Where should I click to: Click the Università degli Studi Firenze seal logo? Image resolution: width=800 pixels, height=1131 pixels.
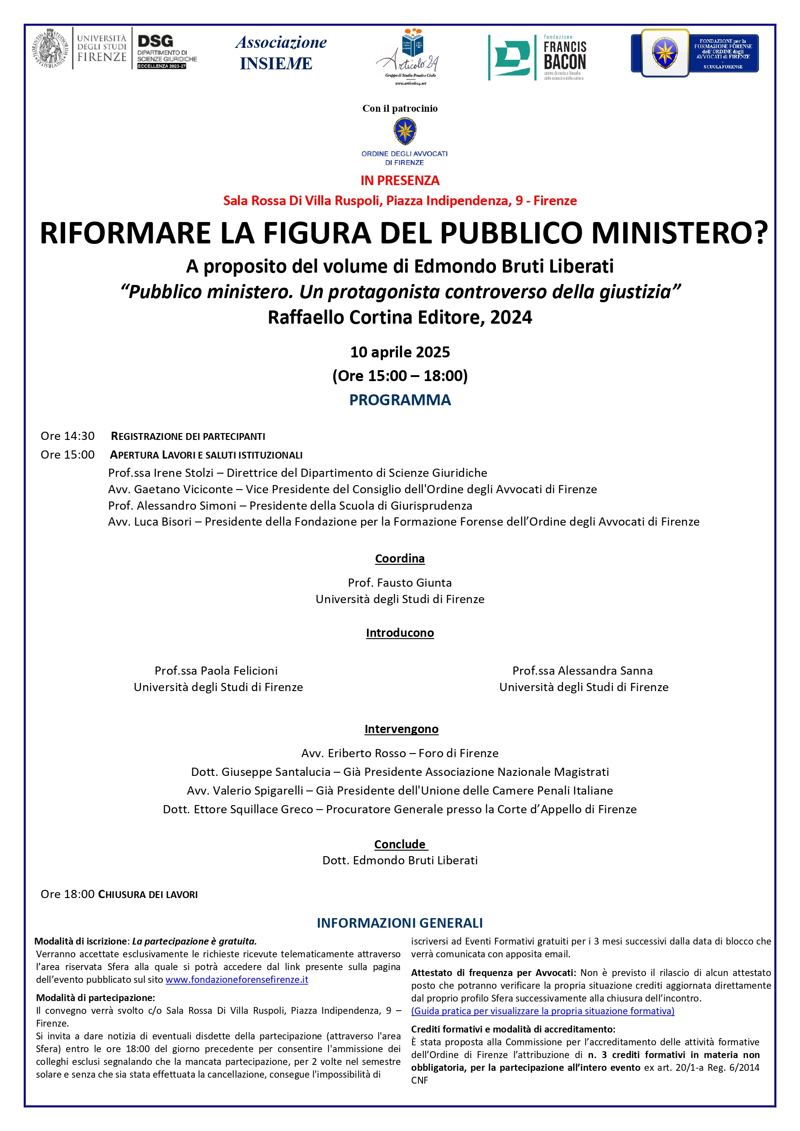point(51,48)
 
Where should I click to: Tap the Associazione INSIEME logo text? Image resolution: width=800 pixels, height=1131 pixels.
point(280,53)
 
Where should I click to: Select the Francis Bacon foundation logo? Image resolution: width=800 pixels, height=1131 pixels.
point(537,57)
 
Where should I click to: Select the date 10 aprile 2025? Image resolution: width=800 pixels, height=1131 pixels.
point(399,352)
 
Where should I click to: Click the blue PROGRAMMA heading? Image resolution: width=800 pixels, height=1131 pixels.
point(399,399)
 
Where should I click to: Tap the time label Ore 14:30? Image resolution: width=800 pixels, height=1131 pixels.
point(67,436)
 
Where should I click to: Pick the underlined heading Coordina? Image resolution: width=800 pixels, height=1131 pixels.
point(399,558)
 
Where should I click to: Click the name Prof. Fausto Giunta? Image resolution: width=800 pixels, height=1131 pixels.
point(399,582)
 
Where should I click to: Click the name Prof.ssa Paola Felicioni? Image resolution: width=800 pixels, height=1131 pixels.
point(216,671)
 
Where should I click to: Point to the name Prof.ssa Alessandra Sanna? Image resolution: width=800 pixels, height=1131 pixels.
point(582,671)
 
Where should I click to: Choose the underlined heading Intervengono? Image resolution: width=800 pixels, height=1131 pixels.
point(401,728)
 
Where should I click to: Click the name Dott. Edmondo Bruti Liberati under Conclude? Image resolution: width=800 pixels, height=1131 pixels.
point(399,860)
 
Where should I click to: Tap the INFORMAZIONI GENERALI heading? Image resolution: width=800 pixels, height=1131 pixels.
point(399,923)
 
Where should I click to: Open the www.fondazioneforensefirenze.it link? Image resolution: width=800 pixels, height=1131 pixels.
point(237,979)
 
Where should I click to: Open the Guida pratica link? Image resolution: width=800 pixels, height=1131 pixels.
point(542,1011)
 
